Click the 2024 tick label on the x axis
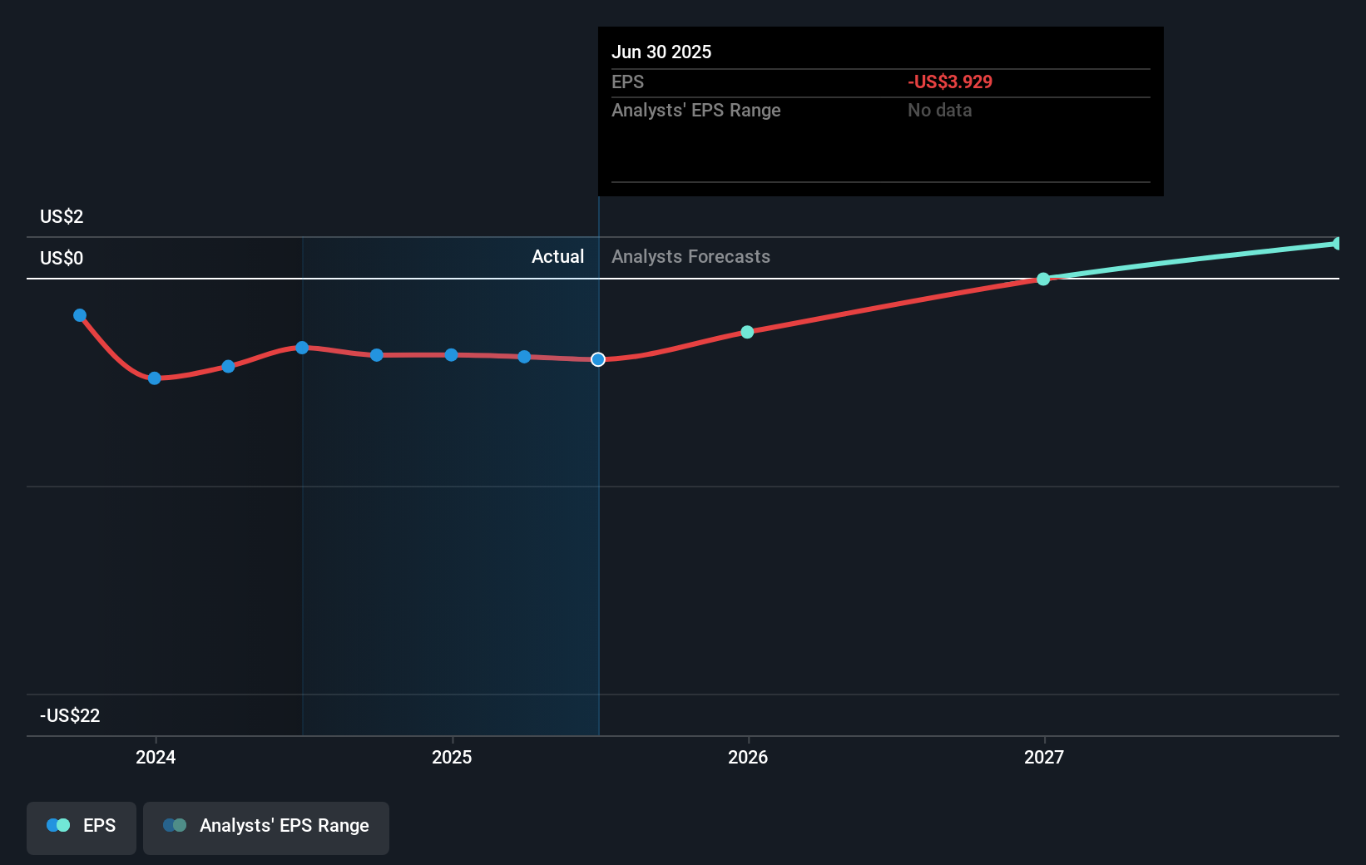pos(156,757)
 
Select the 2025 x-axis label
pos(452,757)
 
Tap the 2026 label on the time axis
pos(748,757)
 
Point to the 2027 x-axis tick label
pos(1044,757)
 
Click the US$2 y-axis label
pos(62,217)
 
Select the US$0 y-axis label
pos(62,259)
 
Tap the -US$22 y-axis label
pos(70,716)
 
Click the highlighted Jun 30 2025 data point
pos(598,359)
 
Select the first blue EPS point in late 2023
pos(80,315)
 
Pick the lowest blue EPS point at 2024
pos(155,378)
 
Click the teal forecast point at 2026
pos(747,332)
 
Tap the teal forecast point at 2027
pos(1043,279)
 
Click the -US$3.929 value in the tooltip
pos(949,82)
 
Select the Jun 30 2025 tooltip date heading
pos(661,52)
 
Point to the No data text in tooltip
pos(939,111)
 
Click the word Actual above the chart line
pos(557,257)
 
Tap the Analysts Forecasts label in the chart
pos(690,257)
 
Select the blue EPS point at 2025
pos(451,355)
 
